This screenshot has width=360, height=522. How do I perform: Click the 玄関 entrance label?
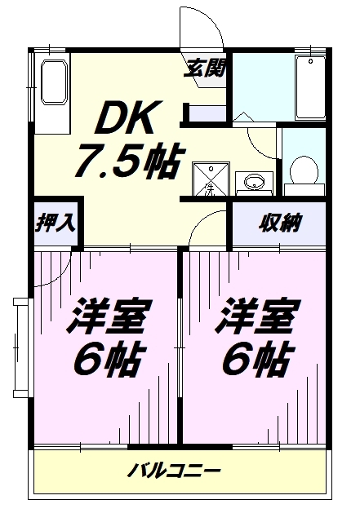click(206, 69)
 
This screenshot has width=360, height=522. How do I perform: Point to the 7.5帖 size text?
click(129, 161)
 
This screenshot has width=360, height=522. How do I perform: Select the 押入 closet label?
click(56, 222)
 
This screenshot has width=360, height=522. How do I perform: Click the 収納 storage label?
click(279, 222)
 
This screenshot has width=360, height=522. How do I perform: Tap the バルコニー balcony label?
click(174, 471)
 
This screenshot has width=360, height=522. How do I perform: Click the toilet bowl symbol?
click(304, 170)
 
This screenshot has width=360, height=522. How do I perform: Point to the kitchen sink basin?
click(53, 82)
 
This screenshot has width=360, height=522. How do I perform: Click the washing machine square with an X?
click(211, 179)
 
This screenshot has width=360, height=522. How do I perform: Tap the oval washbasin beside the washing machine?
click(255, 182)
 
